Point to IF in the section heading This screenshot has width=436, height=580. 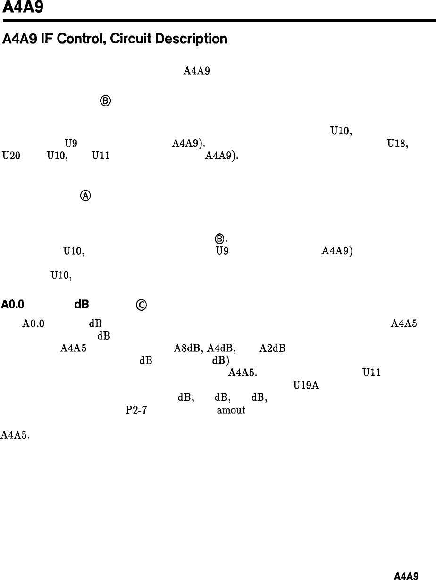tap(45, 39)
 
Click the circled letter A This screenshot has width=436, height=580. tap(86, 196)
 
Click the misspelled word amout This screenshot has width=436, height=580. tap(231, 410)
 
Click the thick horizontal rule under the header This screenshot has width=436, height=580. tap(218, 21)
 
